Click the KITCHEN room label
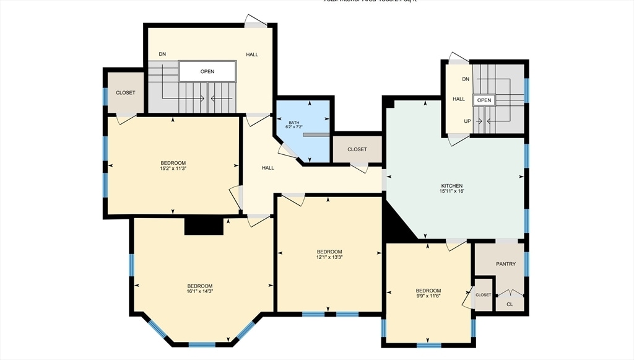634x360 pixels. (x=451, y=186)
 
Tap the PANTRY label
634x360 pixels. (x=505, y=264)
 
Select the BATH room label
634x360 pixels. (x=293, y=123)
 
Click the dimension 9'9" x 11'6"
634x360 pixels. (x=428, y=296)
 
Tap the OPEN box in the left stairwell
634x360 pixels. (x=207, y=71)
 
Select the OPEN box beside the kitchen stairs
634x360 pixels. (x=484, y=100)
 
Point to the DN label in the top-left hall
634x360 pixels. (x=162, y=55)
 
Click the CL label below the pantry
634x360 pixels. (x=510, y=304)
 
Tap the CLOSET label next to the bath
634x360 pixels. (x=357, y=149)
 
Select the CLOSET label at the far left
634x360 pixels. (x=125, y=93)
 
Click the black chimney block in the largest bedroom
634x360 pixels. (x=204, y=227)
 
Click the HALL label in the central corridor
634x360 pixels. (x=267, y=168)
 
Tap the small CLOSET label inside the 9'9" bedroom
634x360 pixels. (x=483, y=295)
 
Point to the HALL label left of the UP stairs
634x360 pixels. (x=458, y=99)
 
